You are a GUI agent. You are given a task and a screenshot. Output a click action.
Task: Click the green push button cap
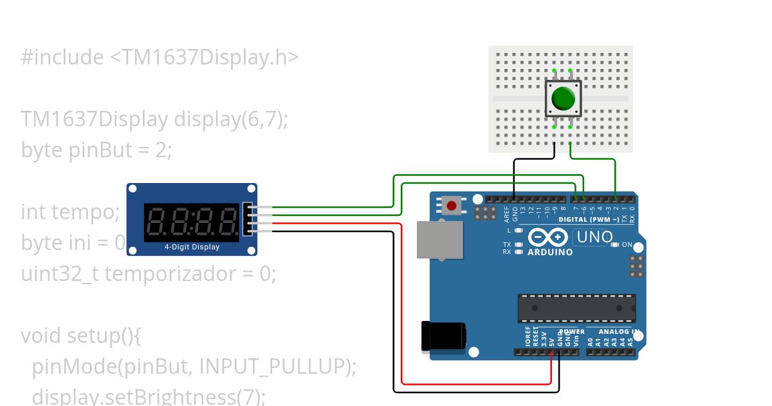click(564, 99)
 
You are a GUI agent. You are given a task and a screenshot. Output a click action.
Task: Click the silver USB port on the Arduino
click(440, 240)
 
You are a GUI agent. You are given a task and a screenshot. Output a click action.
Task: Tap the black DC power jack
click(443, 336)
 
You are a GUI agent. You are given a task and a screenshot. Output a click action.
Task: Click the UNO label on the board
click(594, 237)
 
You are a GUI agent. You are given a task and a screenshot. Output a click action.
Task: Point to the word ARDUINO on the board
click(550, 252)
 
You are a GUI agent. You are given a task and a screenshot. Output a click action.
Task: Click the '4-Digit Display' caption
click(192, 247)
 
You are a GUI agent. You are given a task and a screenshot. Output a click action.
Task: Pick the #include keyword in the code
click(62, 57)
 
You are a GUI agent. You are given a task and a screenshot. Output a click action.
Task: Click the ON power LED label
click(627, 245)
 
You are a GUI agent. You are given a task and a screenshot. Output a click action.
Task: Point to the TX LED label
click(507, 245)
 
